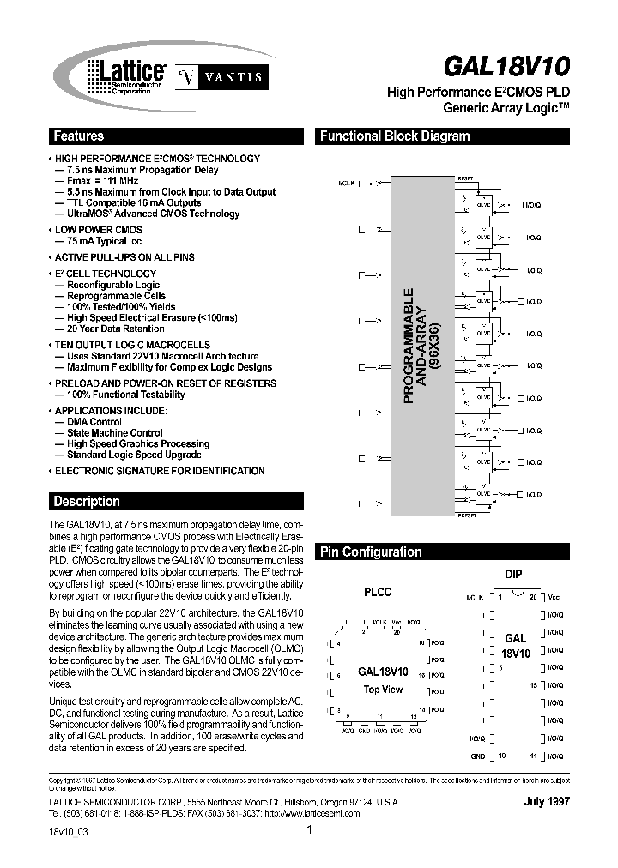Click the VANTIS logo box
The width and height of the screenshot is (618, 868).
coord(220,76)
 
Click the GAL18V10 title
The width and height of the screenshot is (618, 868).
coord(505,66)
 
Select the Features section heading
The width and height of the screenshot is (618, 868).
coord(79,136)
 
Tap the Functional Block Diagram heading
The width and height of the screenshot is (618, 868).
coord(395,136)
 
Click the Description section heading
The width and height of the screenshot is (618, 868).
coord(87,502)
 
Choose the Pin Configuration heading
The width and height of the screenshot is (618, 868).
coord(371,552)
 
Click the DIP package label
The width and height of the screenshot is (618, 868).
coord(514,574)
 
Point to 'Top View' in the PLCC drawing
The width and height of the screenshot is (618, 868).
coord(383,690)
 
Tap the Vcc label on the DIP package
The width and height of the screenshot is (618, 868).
coord(554,596)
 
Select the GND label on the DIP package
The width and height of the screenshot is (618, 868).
coord(478,756)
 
